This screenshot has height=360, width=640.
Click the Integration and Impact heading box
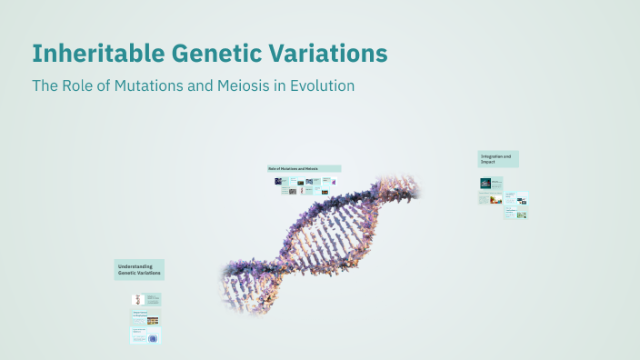[498, 159]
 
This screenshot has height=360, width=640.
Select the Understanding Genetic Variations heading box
[139, 269]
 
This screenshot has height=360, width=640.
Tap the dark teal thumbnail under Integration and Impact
[485, 183]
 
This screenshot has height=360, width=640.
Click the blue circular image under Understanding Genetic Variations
[153, 337]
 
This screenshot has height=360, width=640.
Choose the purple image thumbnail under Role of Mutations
[334, 182]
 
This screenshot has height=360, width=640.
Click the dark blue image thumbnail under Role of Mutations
[277, 182]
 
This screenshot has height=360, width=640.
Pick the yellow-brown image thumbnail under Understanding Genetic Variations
[153, 320]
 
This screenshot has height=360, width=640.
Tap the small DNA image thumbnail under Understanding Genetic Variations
[136, 298]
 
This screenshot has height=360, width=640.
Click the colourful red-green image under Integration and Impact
[495, 199]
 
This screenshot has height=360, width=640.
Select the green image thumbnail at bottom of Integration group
[522, 215]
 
